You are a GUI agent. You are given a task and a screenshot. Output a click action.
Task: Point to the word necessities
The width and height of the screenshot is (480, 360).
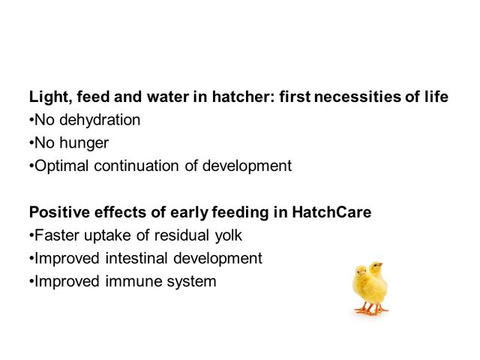pyautogui.click(x=357, y=97)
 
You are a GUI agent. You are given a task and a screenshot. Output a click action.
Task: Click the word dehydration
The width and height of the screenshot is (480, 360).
pyautogui.click(x=100, y=120)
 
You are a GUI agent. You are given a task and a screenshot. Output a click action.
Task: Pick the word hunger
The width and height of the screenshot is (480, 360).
pyautogui.click(x=84, y=143)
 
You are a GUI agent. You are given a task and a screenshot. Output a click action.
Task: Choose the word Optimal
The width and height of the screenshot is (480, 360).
pyautogui.click(x=61, y=166)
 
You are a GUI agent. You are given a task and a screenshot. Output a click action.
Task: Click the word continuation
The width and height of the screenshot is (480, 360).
pyautogui.click(x=136, y=166)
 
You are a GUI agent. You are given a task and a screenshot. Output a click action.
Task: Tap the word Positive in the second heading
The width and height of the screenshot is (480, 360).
pyautogui.click(x=59, y=212)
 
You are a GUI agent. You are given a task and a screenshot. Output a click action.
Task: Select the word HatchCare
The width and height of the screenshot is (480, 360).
pyautogui.click(x=331, y=212)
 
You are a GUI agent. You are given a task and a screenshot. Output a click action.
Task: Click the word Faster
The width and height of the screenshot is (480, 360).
pyautogui.click(x=56, y=235)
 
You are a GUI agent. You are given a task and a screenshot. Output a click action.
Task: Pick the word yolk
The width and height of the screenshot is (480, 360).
pyautogui.click(x=228, y=235)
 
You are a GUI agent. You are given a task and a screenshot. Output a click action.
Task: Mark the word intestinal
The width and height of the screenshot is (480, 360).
pyautogui.click(x=136, y=258)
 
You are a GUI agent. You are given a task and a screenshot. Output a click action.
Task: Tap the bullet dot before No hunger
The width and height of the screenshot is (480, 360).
pyautogui.click(x=31, y=143)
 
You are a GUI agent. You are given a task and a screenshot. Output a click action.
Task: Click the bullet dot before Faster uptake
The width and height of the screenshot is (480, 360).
pyautogui.click(x=31, y=235)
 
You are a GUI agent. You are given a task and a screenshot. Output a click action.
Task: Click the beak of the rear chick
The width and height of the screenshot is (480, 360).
pyautogui.click(x=381, y=264)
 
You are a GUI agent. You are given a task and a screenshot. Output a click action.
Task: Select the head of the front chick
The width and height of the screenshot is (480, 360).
pyautogui.click(x=361, y=271)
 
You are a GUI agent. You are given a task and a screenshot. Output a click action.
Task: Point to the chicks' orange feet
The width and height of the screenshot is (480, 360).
pyautogui.click(x=371, y=310)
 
